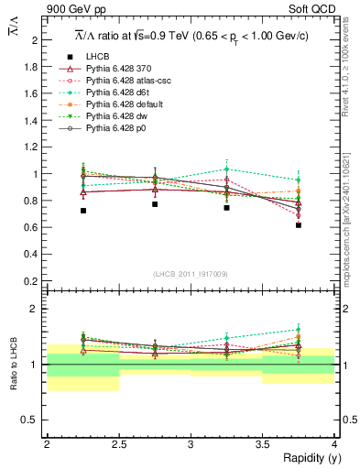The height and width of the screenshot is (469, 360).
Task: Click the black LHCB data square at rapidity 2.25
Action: point(83,211)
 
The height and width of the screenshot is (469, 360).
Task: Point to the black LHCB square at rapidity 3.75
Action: point(299,225)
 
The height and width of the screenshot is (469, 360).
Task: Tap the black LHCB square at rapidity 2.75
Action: point(155,204)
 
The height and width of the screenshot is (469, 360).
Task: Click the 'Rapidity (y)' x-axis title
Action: point(307,459)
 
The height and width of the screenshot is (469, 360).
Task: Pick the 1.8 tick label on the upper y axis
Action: point(32,67)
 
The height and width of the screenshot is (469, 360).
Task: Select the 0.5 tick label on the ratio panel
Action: point(32,420)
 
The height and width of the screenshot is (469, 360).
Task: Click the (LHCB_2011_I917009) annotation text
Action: point(191,274)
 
